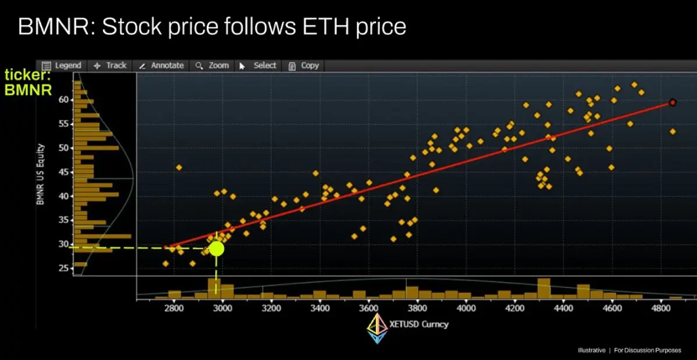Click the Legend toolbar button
pyautogui.click(x=62, y=66)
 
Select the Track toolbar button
pyautogui.click(x=110, y=66)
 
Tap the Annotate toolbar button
pyautogui.click(x=161, y=66)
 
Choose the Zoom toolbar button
pyautogui.click(x=213, y=66)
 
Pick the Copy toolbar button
pyautogui.click(x=304, y=66)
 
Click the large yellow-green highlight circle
pyautogui.click(x=216, y=248)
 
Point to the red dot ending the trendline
pyautogui.click(x=673, y=103)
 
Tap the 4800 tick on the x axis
pyautogui.click(x=661, y=308)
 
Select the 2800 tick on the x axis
pyautogui.click(x=174, y=308)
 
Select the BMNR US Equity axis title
pyautogui.click(x=41, y=175)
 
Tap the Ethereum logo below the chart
pyautogui.click(x=376, y=329)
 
